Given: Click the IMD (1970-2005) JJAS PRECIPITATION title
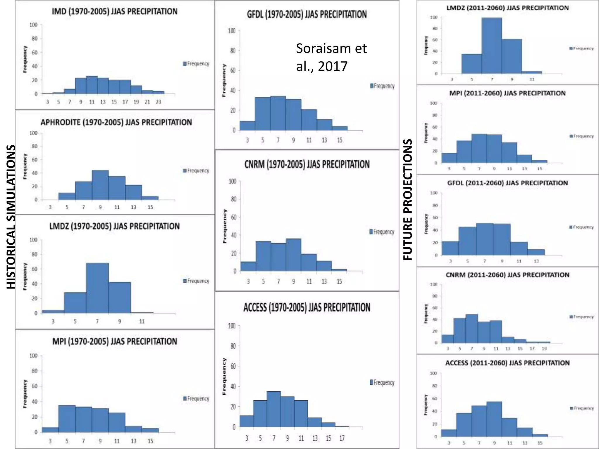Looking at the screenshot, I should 114,11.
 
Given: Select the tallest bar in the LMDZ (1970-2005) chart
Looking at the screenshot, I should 97,288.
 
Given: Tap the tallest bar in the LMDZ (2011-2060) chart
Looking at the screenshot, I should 492,46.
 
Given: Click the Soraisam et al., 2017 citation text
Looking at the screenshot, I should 331,57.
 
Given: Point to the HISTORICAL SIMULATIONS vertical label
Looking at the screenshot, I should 11,217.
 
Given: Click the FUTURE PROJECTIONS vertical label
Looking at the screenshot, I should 407,200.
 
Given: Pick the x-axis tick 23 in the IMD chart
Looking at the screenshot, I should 158,102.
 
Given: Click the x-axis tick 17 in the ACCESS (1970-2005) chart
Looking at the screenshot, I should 342,438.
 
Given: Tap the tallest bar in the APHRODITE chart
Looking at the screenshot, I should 100,185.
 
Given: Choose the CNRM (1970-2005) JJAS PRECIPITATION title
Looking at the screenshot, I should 307,165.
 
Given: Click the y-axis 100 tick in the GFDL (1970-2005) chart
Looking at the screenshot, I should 232,31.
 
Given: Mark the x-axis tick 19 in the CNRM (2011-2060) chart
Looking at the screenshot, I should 544,349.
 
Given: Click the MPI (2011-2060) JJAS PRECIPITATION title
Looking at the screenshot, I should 507,93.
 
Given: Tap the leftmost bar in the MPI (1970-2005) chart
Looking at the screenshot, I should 50,430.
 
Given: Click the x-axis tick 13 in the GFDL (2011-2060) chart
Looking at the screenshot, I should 536,261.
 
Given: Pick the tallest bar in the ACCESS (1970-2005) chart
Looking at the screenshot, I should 274,409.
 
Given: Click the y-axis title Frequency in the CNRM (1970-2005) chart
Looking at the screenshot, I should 225,226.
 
